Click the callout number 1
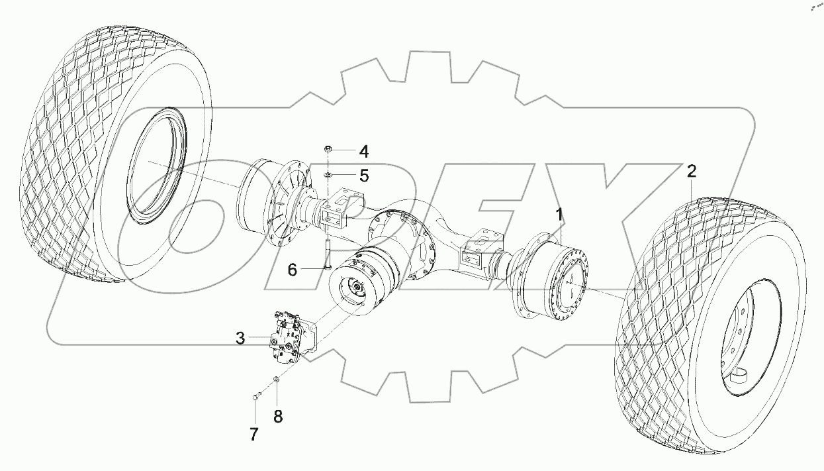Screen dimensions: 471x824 point(560,214)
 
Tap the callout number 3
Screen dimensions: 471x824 point(240,339)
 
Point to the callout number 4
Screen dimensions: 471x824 point(363,152)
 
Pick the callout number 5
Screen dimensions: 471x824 point(363,176)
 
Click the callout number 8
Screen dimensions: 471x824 point(278,417)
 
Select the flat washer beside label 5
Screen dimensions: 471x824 point(328,175)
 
